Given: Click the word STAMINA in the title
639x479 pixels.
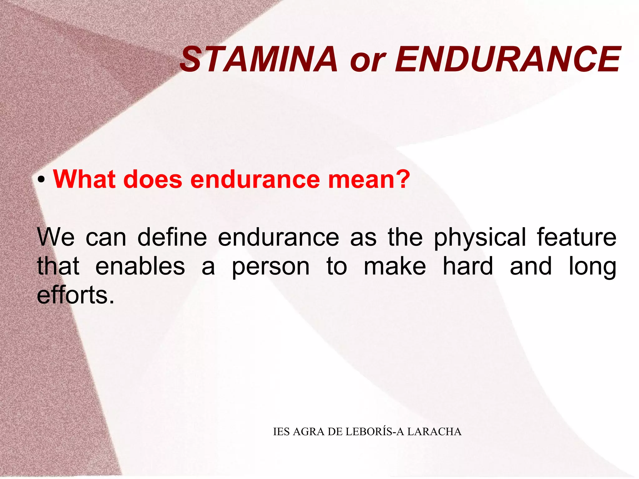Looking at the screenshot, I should (259, 59).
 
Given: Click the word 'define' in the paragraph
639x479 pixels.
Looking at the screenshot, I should (172, 237).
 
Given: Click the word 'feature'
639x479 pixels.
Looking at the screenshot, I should (577, 237).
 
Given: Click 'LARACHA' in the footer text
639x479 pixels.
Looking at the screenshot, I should (434, 432).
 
